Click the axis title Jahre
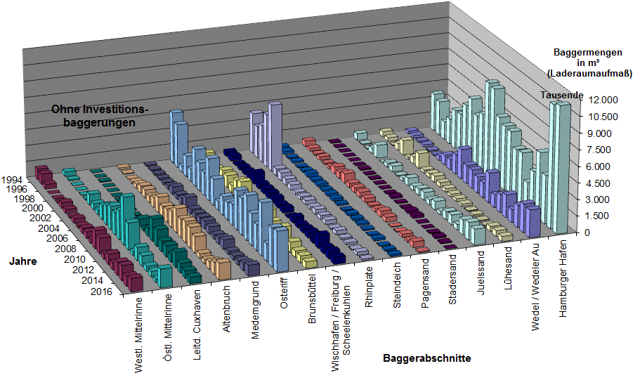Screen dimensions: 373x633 [x=23, y=261]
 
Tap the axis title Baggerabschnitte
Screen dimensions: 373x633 [x=427, y=358]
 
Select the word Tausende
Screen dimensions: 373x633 [x=562, y=95]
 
